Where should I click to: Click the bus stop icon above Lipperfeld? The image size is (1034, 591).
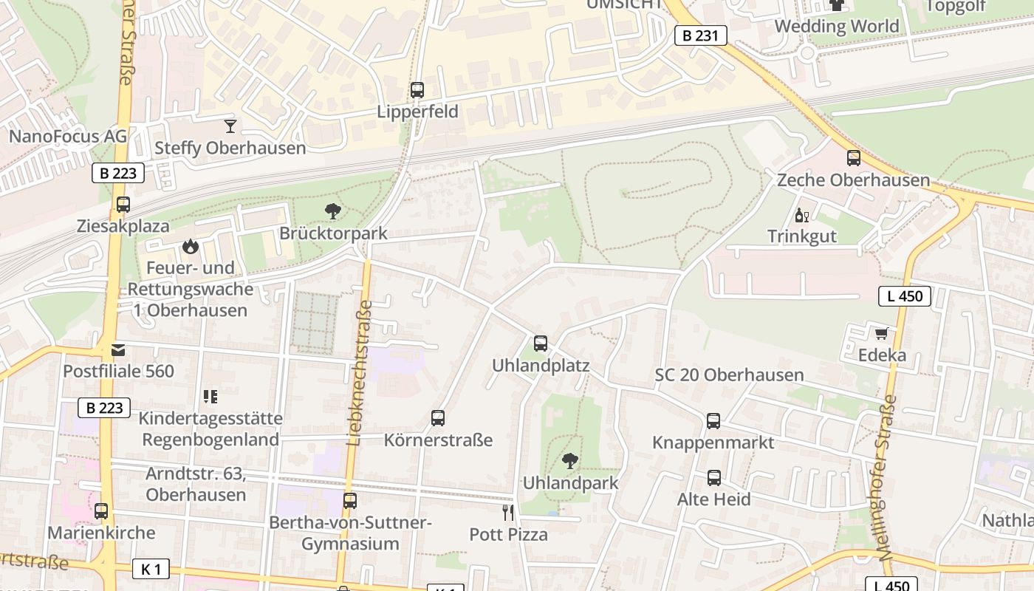417,90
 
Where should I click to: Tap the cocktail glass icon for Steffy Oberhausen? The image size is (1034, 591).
230,126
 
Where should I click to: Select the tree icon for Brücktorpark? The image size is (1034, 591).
333,211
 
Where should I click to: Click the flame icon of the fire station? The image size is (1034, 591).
191,245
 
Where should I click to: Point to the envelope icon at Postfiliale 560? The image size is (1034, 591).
118,349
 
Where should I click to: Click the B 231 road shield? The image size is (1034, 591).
700,35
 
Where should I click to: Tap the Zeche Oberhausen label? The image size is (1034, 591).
853,180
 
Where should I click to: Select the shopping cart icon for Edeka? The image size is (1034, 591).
881,334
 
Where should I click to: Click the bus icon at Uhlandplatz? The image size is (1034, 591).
541,344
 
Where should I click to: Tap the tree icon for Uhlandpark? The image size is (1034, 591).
569,462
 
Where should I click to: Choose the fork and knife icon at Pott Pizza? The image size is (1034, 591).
508,512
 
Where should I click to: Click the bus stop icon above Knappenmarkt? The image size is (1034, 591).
713,421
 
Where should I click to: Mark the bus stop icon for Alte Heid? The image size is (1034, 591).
714,478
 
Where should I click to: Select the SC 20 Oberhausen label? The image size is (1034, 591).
729,375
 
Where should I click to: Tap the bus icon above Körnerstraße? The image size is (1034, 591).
438,418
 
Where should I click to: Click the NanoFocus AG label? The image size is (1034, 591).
68,136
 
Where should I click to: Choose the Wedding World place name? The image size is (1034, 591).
836,27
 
